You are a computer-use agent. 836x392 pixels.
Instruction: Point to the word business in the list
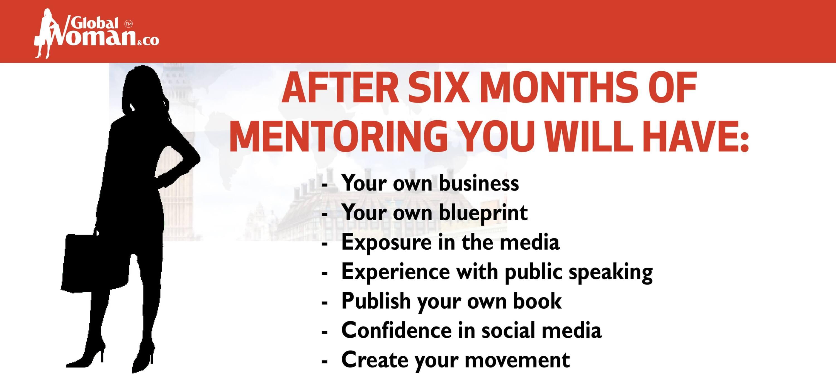479,183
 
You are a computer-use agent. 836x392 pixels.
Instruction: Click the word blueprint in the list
483,213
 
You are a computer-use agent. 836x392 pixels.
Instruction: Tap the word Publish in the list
376,301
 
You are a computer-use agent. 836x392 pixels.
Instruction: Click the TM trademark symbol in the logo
128,24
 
